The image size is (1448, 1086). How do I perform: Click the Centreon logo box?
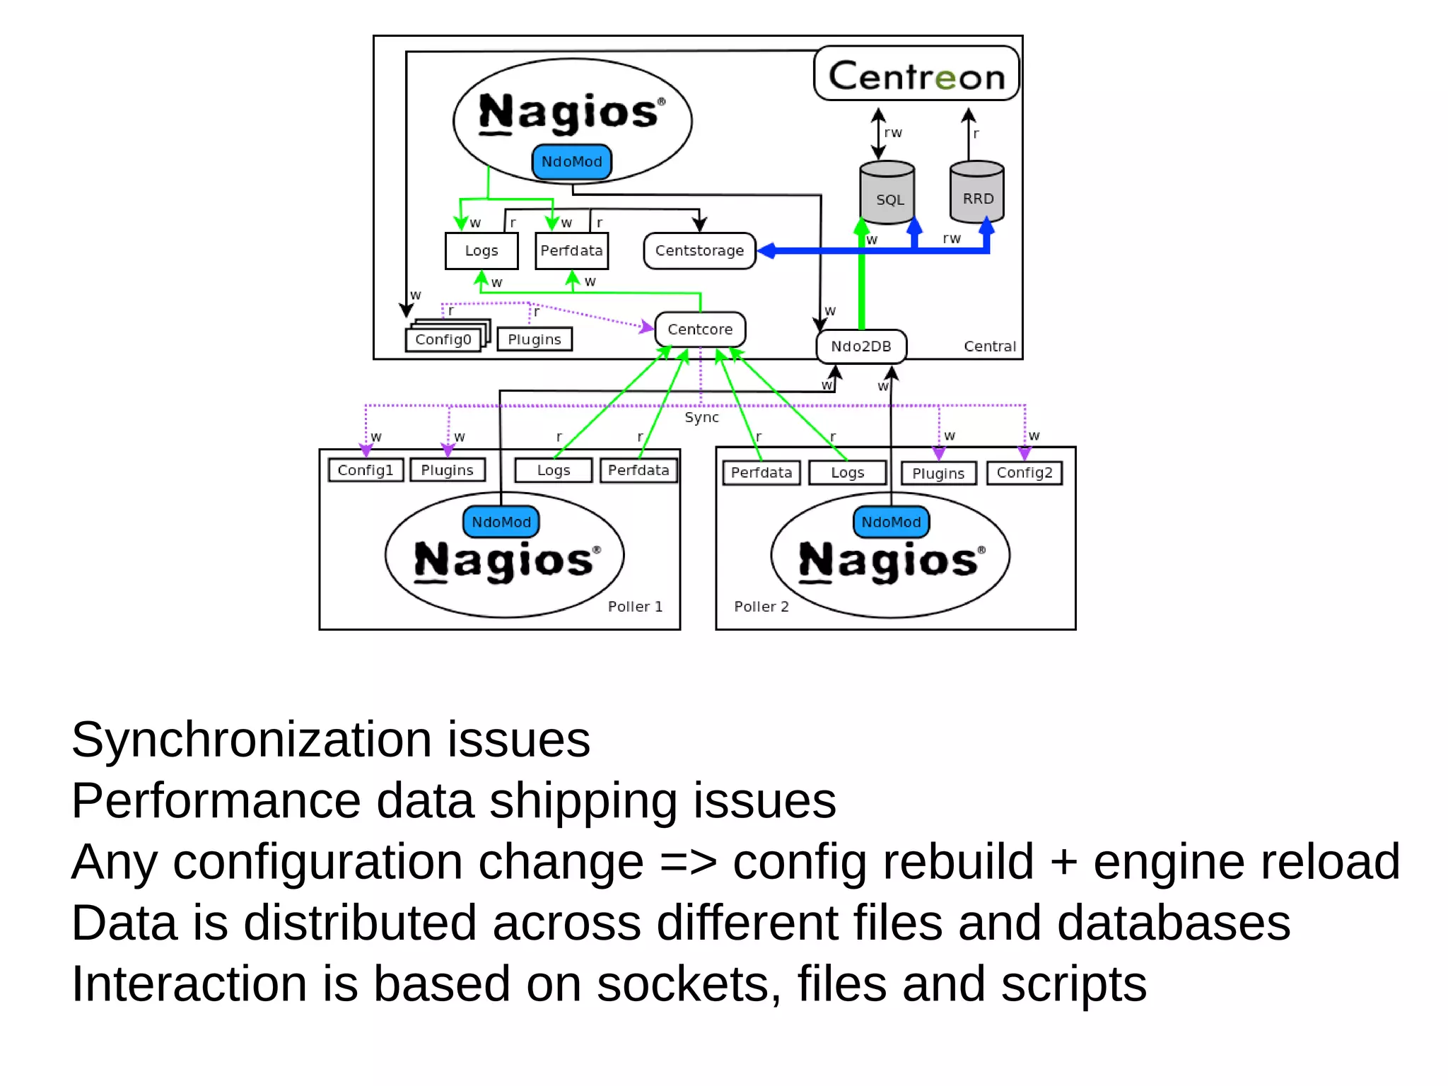pos(916,74)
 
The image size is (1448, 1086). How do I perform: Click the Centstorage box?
pos(699,250)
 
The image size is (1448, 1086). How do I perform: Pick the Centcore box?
pos(700,329)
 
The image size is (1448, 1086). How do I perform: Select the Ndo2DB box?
pos(861,346)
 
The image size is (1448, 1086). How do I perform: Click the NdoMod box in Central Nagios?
pos(571,162)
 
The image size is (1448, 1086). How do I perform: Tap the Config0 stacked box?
pos(443,339)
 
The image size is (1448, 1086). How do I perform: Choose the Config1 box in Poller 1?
pos(366,470)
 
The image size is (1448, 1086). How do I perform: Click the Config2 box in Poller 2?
pos(1024,473)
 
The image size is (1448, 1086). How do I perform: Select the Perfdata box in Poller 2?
pos(761,473)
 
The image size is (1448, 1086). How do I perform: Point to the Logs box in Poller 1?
pos(554,471)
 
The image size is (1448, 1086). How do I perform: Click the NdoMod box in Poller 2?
pos(891,522)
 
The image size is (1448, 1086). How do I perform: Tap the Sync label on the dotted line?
pos(701,418)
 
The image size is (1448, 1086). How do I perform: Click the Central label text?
pos(989,346)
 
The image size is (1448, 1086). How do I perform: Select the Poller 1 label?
pos(635,607)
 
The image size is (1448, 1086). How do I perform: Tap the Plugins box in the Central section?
pos(535,339)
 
